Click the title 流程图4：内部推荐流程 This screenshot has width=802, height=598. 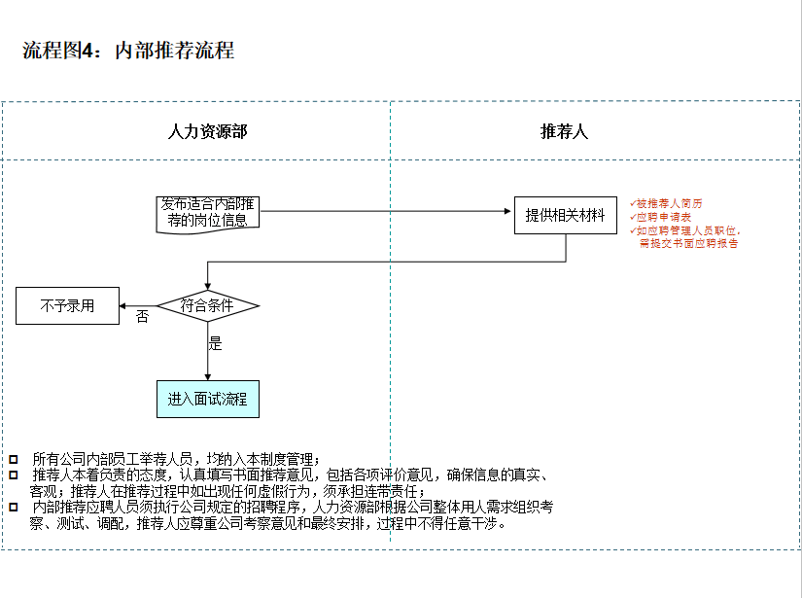(128, 52)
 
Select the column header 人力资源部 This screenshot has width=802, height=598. (207, 131)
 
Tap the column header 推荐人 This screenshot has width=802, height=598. (564, 131)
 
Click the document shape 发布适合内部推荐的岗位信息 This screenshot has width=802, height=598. (207, 213)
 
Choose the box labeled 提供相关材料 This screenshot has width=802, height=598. (565, 216)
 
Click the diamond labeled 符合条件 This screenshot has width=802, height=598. (207, 305)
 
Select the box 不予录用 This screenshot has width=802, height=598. (67, 305)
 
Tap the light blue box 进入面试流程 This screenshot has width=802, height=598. (207, 399)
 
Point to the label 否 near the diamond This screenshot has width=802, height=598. (143, 317)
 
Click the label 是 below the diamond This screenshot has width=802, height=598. (215, 343)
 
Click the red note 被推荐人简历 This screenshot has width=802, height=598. (669, 203)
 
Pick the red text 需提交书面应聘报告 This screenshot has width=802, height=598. (687, 244)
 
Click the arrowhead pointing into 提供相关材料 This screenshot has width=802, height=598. (509, 211)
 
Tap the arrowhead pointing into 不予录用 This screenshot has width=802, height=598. (123, 306)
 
